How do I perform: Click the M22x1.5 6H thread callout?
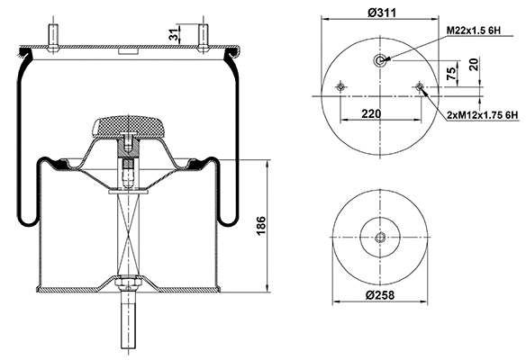click(479, 31)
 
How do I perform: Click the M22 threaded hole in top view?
click(381, 60)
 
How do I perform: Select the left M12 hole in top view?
click(340, 86)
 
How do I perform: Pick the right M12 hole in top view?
click(421, 86)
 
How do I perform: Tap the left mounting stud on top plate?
click(57, 36)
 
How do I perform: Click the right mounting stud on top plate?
click(203, 36)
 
